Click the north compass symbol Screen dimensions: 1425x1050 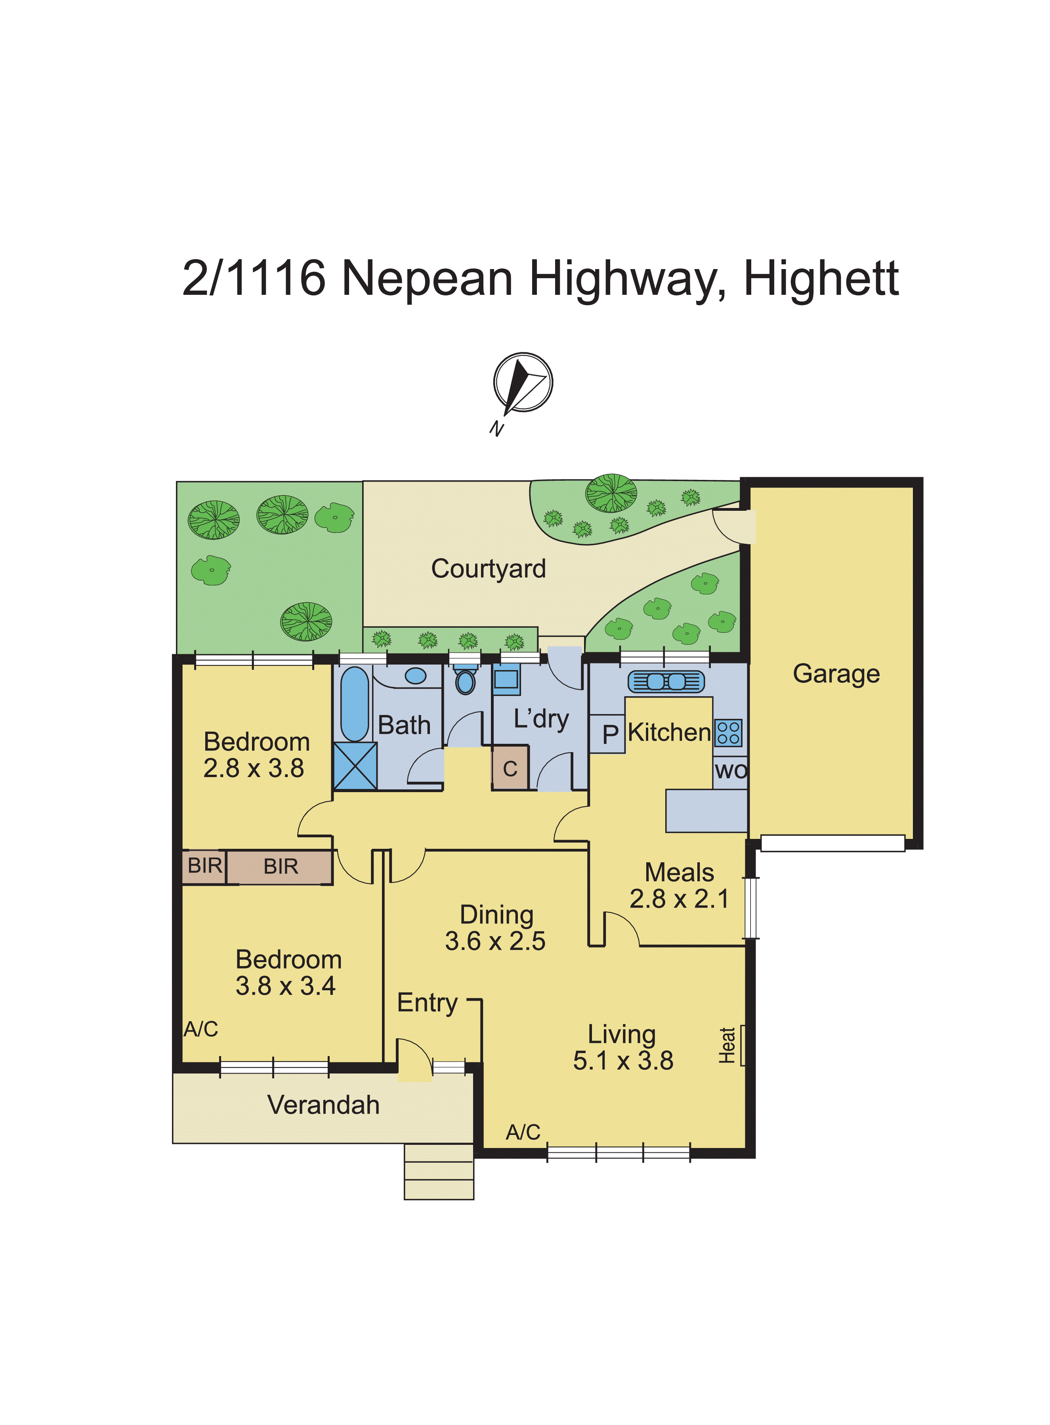(523, 383)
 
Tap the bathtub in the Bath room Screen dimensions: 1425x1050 (355, 704)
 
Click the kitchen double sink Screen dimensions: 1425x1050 (666, 681)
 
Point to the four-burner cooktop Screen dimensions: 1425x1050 (728, 732)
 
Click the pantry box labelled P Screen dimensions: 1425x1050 (609, 735)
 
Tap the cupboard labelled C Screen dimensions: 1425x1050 (510, 769)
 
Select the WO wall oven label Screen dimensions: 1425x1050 (730, 771)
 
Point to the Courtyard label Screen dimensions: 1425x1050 (488, 569)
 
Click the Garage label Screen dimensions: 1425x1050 (836, 674)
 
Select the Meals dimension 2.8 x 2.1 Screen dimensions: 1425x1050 (679, 899)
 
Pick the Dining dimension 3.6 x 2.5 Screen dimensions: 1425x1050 (495, 941)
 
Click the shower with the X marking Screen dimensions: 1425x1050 (355, 766)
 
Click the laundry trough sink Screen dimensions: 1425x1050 (506, 679)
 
